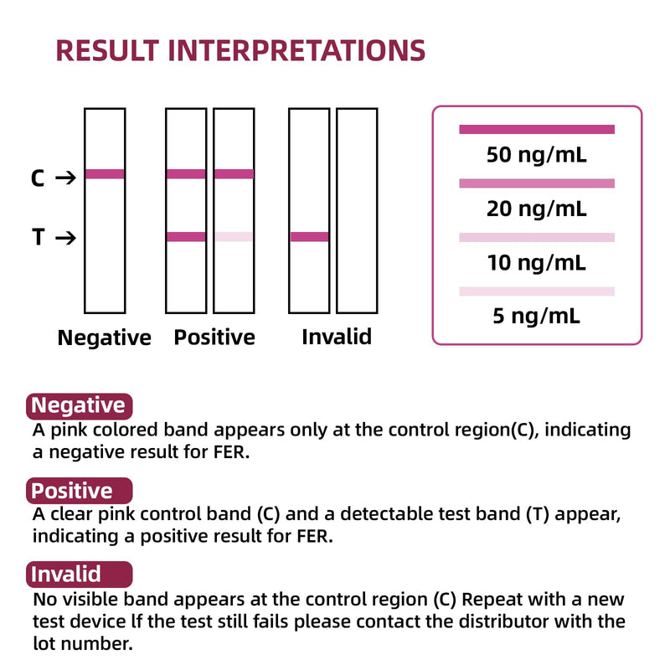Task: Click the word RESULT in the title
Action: pos(108,50)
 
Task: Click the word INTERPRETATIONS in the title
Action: pos(296,50)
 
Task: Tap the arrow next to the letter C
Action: pos(66,178)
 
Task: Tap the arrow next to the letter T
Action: pos(66,238)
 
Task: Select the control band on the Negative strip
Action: pos(105,174)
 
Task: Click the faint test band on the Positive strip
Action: pos(234,237)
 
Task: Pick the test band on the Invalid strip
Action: pos(309,237)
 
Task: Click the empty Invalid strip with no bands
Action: pos(357,211)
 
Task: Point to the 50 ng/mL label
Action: pos(537,155)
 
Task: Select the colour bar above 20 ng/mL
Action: pos(537,183)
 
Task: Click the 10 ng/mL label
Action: pos(537,262)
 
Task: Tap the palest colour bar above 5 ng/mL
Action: pos(537,291)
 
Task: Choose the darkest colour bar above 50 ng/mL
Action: pos(537,130)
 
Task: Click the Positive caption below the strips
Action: pos(214,338)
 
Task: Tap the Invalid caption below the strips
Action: pos(337,337)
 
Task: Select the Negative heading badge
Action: pos(80,406)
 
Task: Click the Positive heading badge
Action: pos(80,491)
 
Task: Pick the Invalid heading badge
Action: pos(80,575)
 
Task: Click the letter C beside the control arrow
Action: pos(38,178)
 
